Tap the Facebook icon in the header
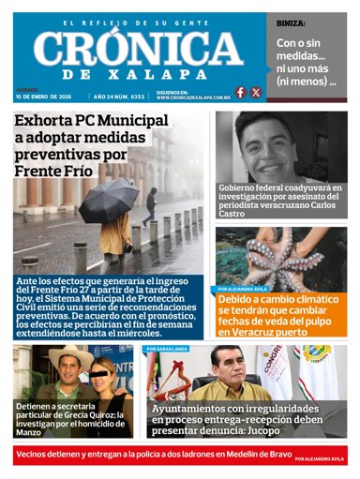(241, 92)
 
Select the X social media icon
(256, 92)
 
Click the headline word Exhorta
(46, 121)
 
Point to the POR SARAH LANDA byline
(169, 349)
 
